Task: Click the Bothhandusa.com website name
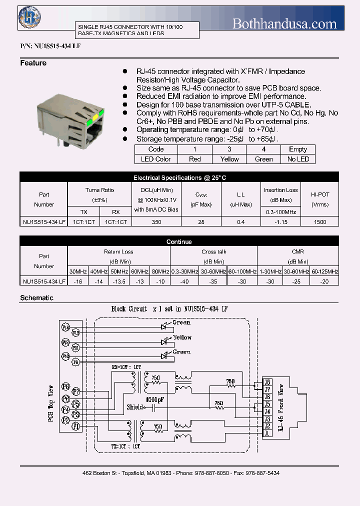(x=285, y=23)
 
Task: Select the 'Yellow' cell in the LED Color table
(x=229, y=159)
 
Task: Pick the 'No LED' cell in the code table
(x=298, y=159)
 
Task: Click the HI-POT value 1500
(x=320, y=221)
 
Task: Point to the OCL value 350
(x=156, y=221)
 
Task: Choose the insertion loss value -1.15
(x=280, y=221)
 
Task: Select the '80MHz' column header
(x=160, y=271)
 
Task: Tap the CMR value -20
(x=324, y=281)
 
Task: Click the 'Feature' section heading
(x=33, y=63)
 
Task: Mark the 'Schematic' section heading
(x=36, y=298)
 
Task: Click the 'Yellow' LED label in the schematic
(x=182, y=337)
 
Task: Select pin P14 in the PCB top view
(x=65, y=327)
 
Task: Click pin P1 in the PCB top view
(x=76, y=426)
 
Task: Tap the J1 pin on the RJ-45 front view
(x=267, y=433)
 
